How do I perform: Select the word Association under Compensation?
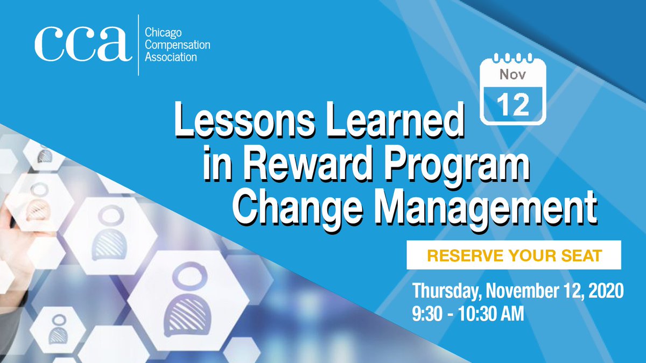(171, 56)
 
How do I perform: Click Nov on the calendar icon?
(512, 75)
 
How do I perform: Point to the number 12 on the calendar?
(512, 105)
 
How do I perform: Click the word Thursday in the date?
(447, 292)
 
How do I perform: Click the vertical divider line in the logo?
(139, 45)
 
